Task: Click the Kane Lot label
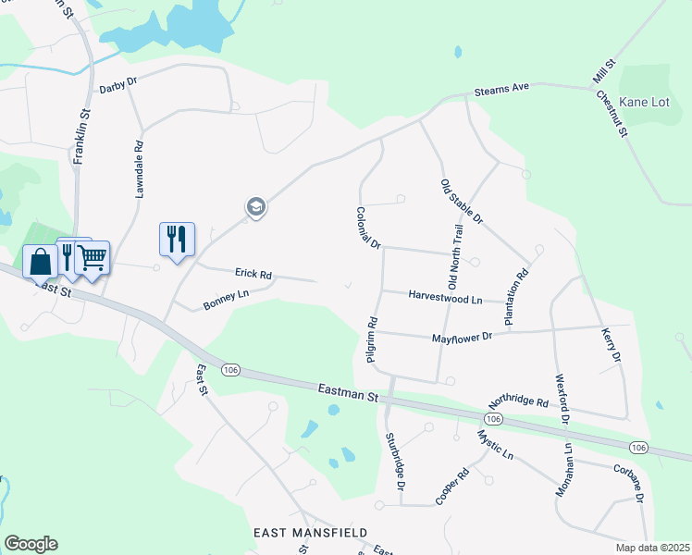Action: [x=645, y=102]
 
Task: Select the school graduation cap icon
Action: [x=256, y=207]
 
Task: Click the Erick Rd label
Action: [x=253, y=275]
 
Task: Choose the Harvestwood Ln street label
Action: [x=445, y=299]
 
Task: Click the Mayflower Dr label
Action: [x=461, y=338]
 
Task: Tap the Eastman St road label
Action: [x=348, y=395]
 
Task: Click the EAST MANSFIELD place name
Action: [x=310, y=534]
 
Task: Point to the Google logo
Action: [x=31, y=544]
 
